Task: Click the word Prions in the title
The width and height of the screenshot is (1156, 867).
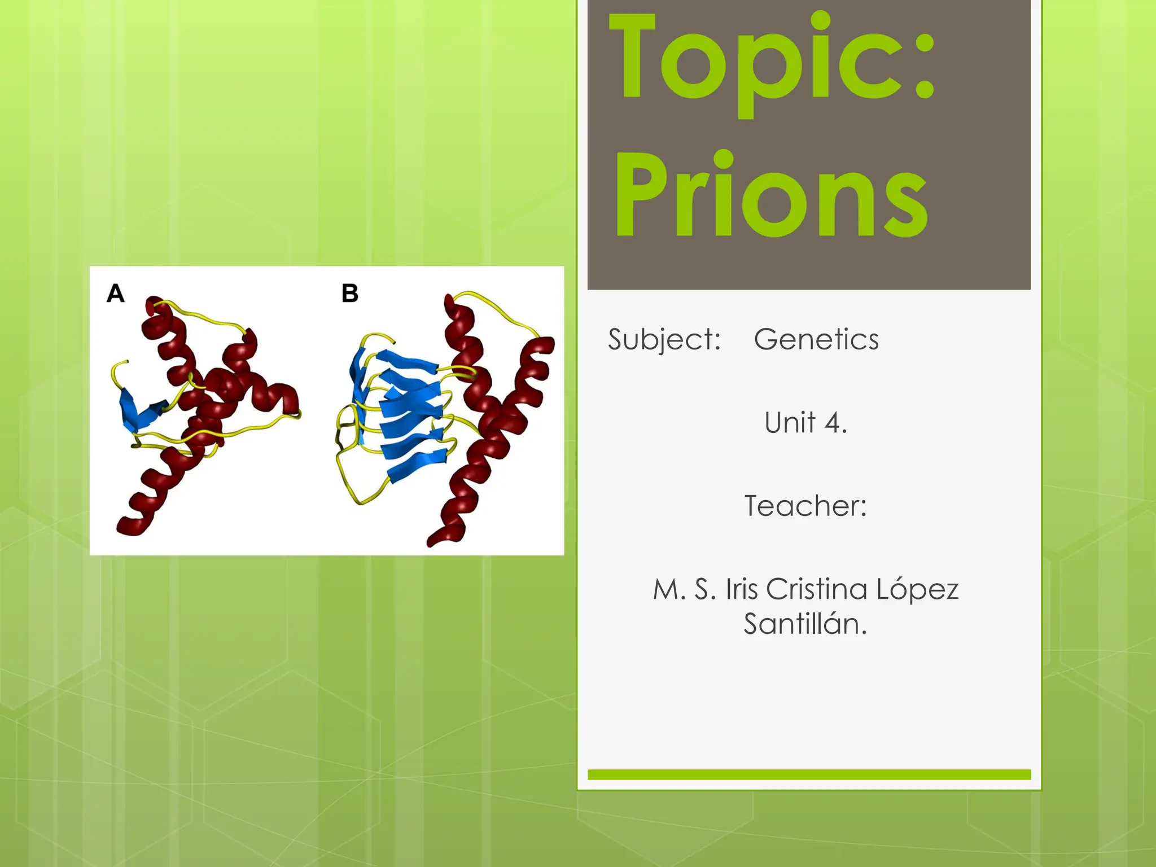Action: click(x=771, y=195)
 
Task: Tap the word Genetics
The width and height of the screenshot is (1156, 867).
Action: click(x=816, y=340)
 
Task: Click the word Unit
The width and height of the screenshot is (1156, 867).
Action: click(x=790, y=423)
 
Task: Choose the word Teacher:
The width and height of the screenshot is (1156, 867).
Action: click(x=805, y=506)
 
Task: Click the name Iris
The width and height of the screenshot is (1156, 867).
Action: click(x=742, y=589)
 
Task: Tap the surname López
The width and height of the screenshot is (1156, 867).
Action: click(x=918, y=589)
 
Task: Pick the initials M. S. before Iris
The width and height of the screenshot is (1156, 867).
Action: click(x=685, y=589)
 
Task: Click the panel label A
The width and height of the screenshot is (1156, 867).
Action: click(x=116, y=294)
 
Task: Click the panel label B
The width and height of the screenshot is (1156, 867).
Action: click(x=350, y=294)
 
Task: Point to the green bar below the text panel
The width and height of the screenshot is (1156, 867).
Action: click(x=809, y=774)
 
